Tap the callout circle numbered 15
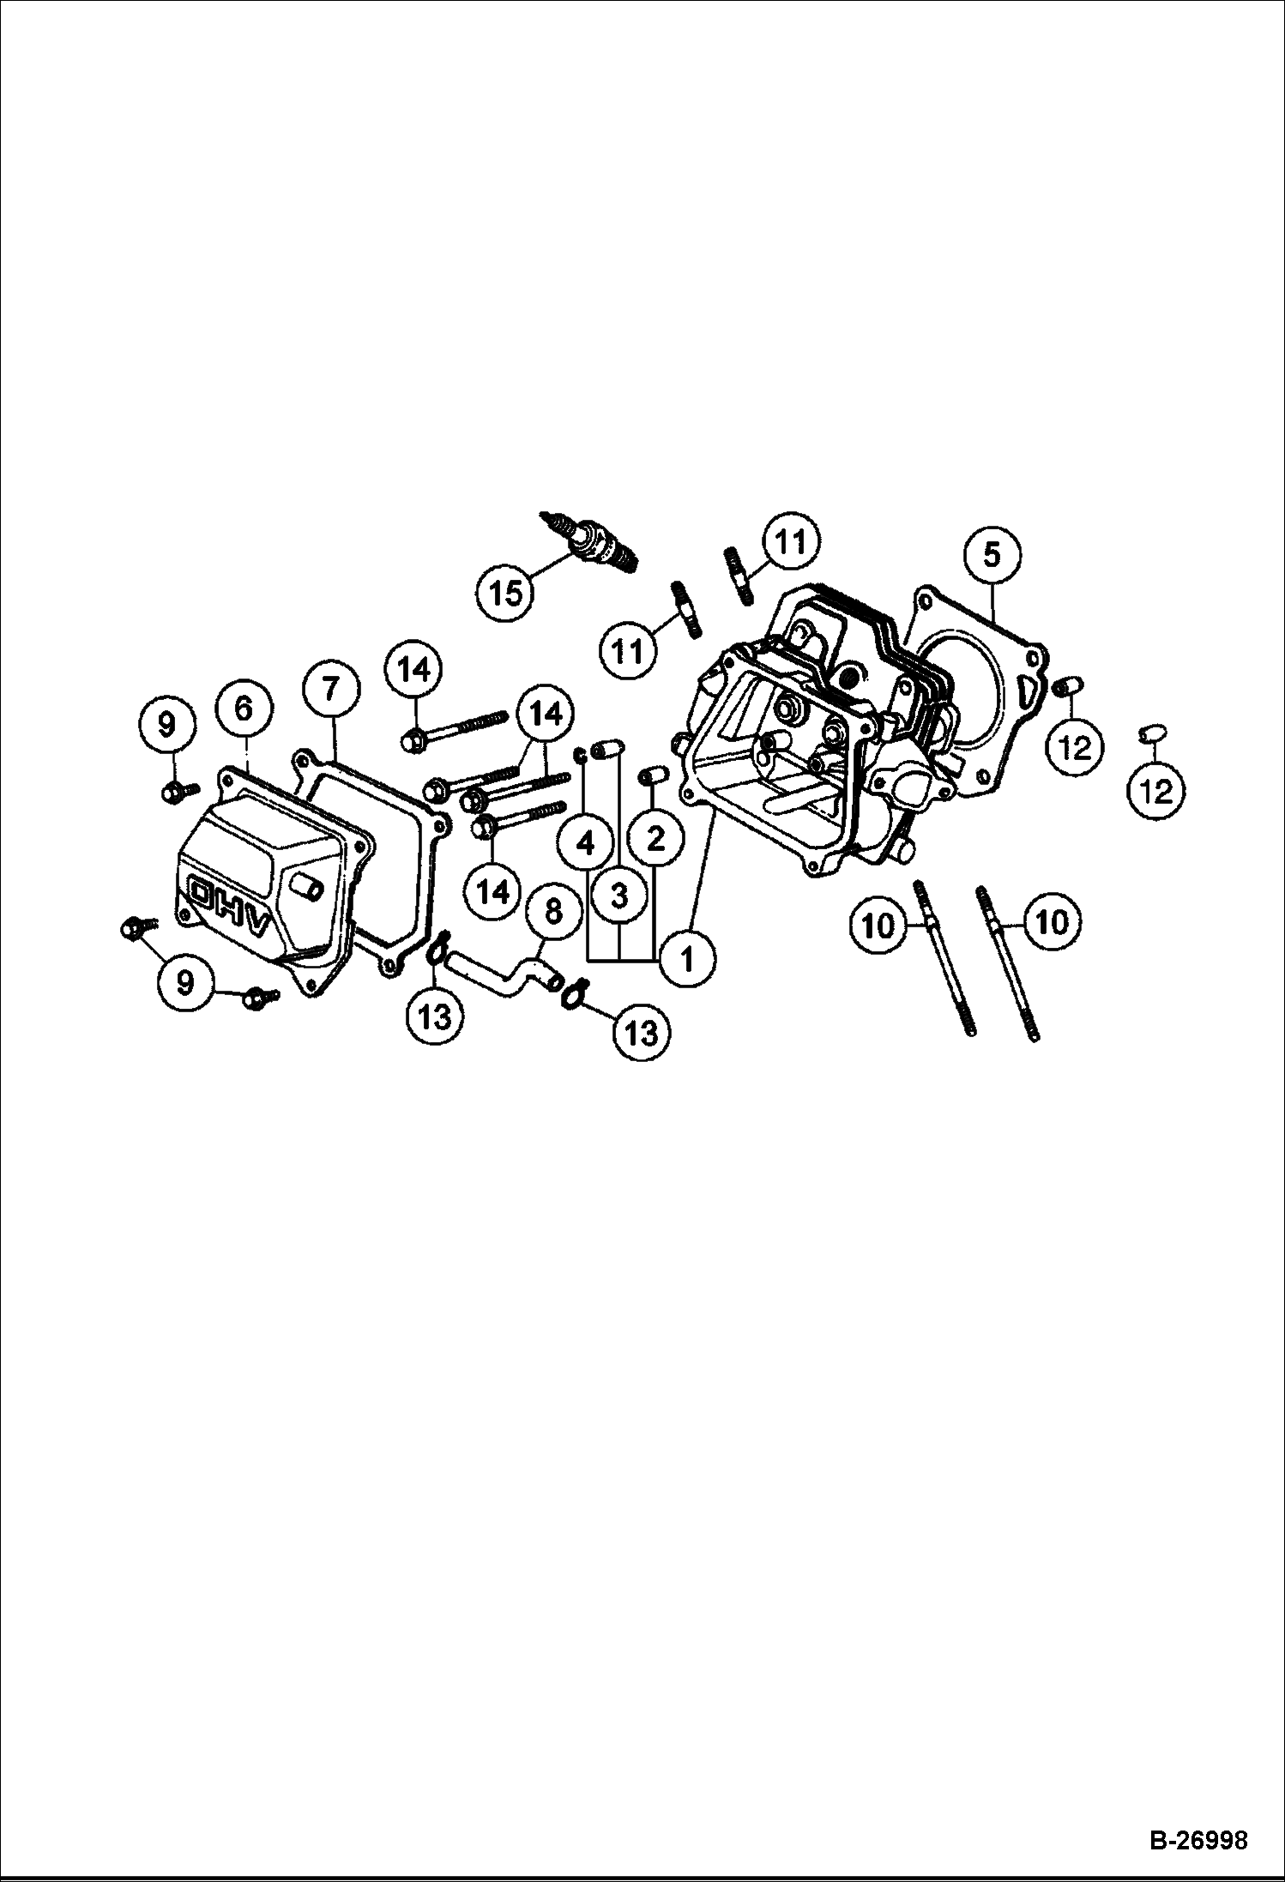coord(507,592)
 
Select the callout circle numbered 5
coord(992,555)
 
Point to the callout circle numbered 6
coord(244,708)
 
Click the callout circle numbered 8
coord(553,910)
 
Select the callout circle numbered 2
coord(655,840)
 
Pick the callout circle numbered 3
coord(619,897)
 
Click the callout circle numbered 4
coord(586,844)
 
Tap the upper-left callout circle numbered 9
coord(166,725)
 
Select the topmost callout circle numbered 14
coord(415,670)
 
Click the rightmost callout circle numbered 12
coord(1157,791)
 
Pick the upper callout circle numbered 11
coord(790,541)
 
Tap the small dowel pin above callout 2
coord(654,775)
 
